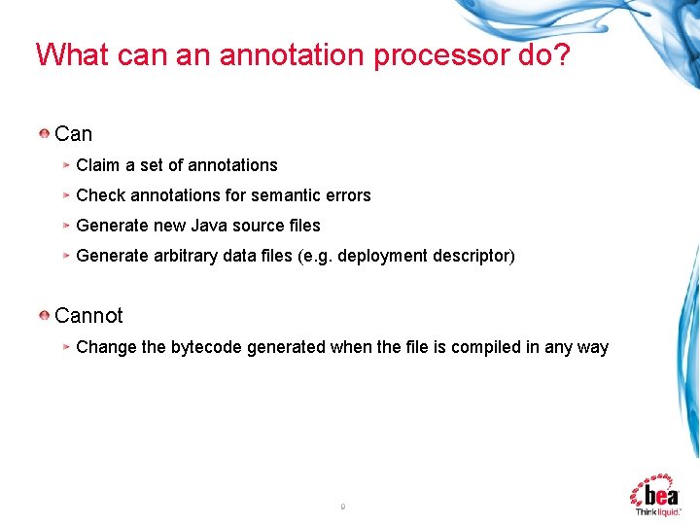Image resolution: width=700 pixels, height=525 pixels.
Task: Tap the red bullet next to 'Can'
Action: pos(45,132)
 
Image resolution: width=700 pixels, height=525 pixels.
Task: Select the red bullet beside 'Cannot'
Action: pos(45,315)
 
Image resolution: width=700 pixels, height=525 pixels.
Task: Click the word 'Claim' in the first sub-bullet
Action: pos(98,165)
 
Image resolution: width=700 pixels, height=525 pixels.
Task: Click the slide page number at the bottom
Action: pos(343,506)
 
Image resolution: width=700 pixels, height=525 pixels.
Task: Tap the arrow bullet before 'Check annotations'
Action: pos(66,195)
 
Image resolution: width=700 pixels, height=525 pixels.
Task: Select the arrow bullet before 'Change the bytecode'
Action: pos(66,347)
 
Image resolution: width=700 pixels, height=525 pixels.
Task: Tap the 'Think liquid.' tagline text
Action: pos(658,511)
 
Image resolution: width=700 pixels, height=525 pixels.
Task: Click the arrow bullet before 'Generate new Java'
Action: pos(66,226)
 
